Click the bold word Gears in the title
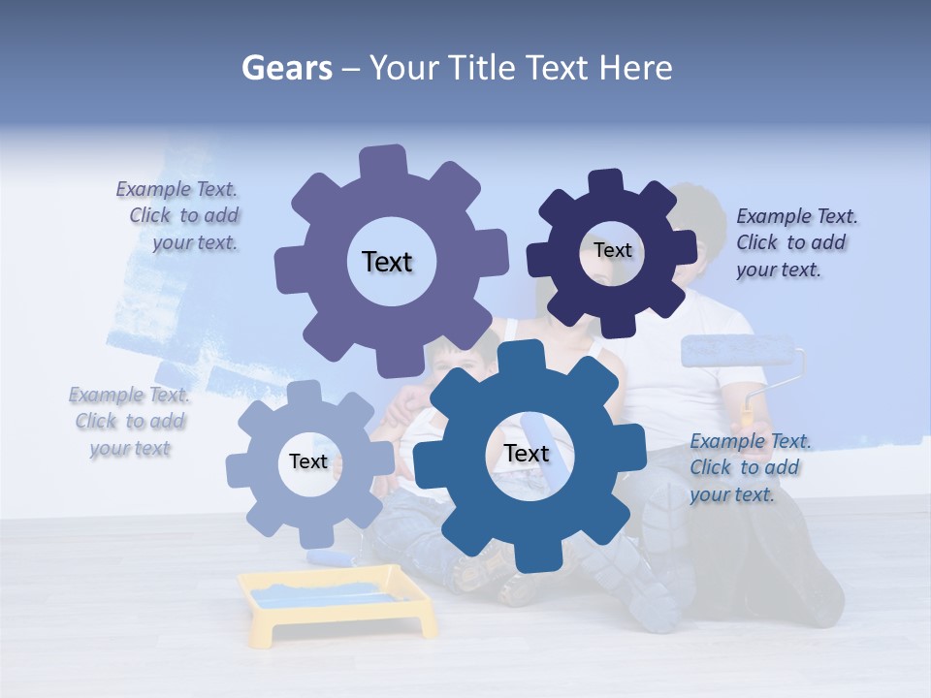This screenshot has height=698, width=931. (x=286, y=68)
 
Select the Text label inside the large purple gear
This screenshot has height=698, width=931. (x=387, y=262)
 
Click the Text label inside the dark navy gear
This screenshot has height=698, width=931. (x=612, y=250)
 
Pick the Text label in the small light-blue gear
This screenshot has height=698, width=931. (x=308, y=461)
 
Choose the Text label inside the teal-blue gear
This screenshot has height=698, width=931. (x=526, y=453)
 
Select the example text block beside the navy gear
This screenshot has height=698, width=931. (x=796, y=242)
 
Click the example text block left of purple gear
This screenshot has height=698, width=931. (x=178, y=215)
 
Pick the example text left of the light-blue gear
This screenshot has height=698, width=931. (x=130, y=422)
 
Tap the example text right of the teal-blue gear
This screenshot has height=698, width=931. (x=750, y=467)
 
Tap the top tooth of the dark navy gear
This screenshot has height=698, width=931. (x=606, y=181)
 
